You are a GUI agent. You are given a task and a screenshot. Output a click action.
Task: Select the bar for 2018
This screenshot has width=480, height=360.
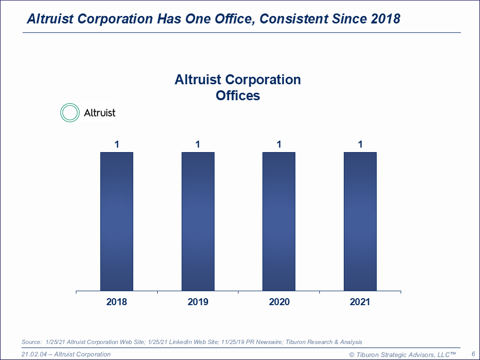pos(117,221)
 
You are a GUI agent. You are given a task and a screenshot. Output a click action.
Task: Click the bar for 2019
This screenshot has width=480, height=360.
pos(198,221)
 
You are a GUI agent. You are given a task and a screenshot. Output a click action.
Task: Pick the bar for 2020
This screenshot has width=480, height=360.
pos(279,221)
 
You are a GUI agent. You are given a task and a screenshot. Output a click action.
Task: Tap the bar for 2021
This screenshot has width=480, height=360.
pos(360,221)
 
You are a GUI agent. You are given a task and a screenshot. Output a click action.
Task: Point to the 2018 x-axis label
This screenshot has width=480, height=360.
pos(117,302)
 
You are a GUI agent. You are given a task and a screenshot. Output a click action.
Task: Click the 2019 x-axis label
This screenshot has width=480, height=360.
pos(198,302)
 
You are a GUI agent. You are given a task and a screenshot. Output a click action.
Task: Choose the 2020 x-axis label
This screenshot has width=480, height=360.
pos(279,302)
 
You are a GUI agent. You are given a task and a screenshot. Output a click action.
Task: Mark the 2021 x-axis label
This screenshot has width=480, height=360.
pos(360,302)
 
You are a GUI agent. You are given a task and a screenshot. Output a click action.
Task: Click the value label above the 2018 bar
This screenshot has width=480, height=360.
pos(117,145)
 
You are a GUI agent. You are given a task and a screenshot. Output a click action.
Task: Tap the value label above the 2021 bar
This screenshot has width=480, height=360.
pos(360,145)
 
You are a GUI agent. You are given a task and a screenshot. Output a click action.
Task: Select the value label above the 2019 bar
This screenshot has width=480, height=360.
pos(198,145)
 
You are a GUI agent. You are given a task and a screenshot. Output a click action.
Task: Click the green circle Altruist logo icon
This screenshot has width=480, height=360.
pos(70,113)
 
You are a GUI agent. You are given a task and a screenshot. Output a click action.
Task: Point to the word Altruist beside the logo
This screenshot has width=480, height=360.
pos(99,113)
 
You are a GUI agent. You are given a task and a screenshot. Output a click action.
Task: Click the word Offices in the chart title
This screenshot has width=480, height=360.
pos(238,95)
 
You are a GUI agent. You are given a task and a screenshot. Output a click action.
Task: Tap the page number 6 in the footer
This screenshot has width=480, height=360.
pos(473,354)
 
